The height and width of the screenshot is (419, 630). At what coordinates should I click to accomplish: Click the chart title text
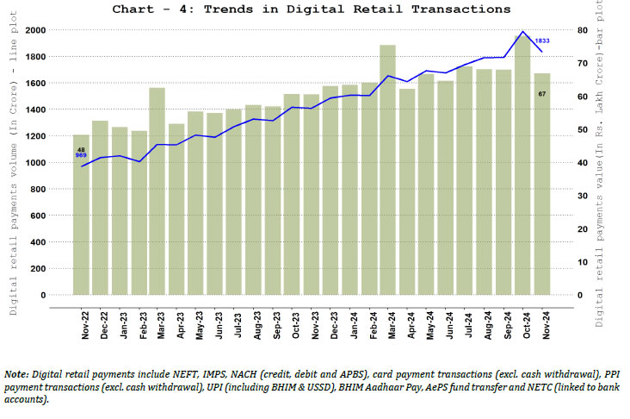(311, 9)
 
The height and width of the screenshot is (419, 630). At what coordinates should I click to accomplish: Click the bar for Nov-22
(81, 224)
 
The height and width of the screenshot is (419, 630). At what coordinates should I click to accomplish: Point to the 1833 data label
(542, 41)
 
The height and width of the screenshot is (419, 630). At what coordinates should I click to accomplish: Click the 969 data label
(81, 157)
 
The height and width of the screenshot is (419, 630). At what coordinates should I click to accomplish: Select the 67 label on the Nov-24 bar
(542, 93)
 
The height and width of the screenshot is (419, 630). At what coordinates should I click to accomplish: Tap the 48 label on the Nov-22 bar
(81, 150)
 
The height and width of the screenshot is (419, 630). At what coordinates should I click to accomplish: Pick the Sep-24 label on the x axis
(503, 323)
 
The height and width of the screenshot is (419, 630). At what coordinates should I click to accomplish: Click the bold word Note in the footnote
(16, 374)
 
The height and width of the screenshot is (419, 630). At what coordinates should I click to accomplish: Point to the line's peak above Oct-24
(522, 32)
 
